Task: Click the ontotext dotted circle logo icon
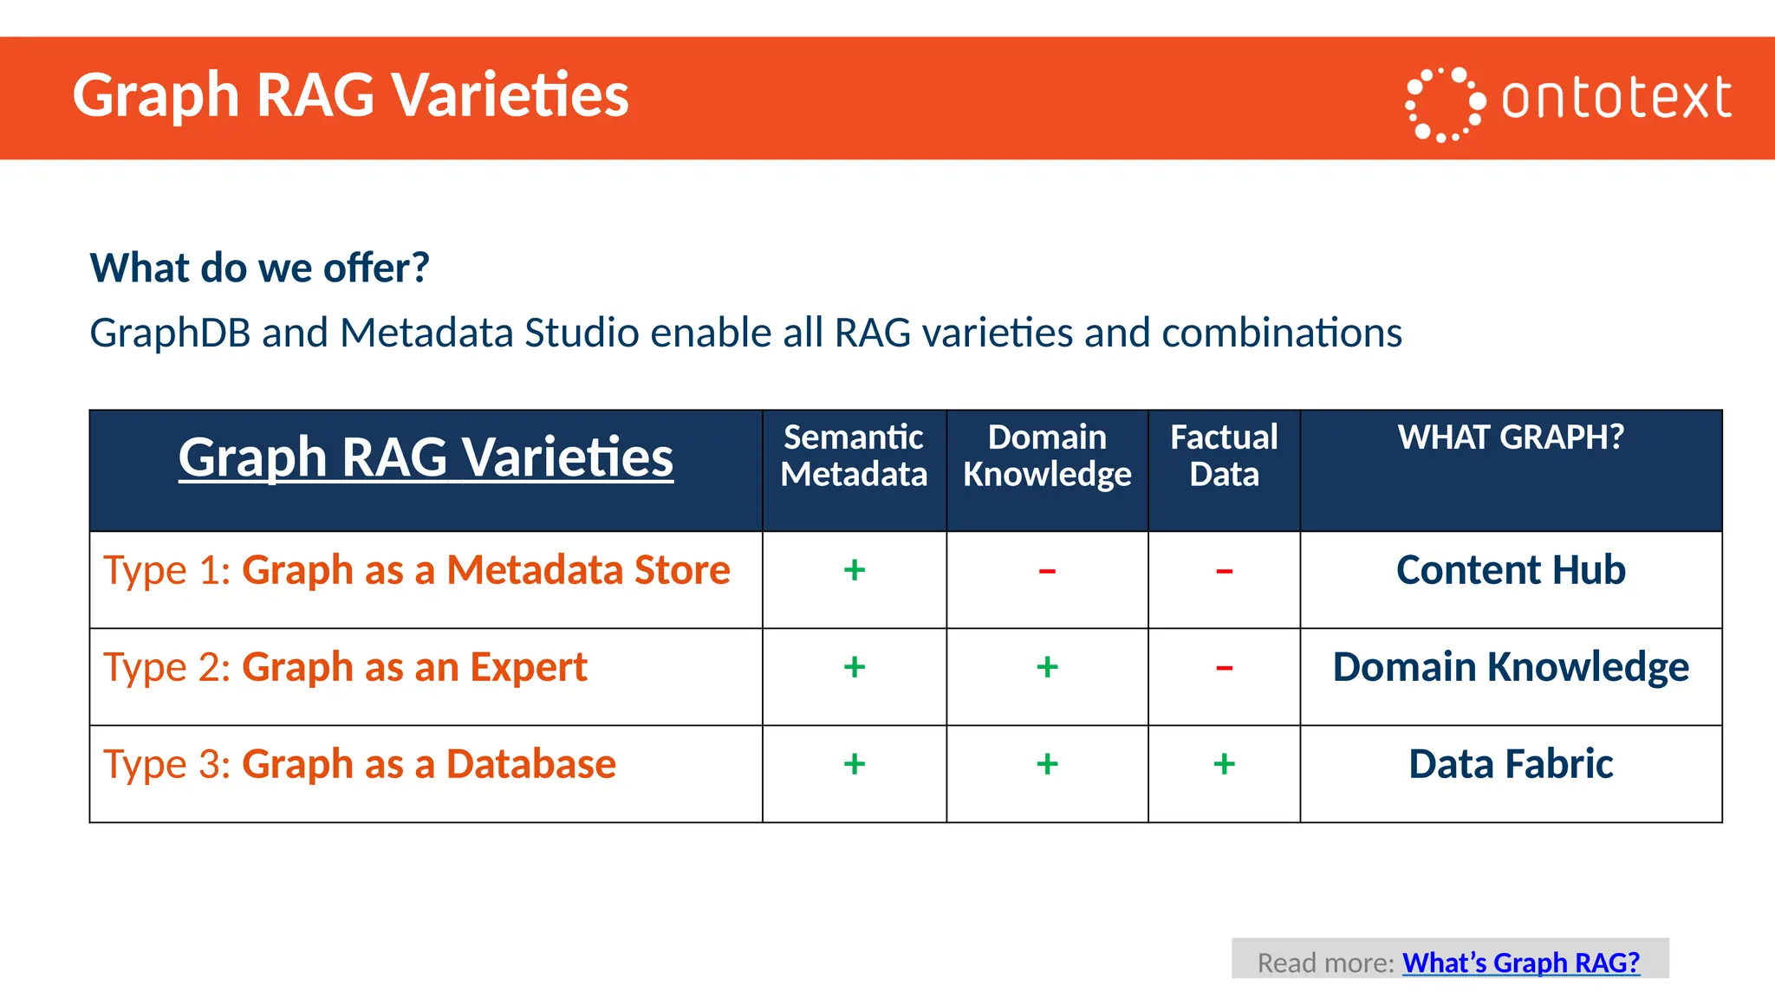click(x=1444, y=104)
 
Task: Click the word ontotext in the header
click(x=1616, y=98)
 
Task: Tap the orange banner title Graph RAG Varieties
click(x=350, y=95)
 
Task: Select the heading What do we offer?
click(x=259, y=268)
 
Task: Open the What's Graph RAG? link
click(x=1520, y=962)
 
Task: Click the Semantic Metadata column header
click(x=854, y=456)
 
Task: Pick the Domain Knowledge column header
click(x=1047, y=456)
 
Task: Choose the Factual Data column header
click(x=1224, y=456)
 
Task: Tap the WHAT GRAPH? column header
click(x=1511, y=437)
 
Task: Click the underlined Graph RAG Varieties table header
click(x=426, y=457)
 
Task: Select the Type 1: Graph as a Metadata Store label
click(x=417, y=570)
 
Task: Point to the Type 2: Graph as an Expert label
click(x=345, y=667)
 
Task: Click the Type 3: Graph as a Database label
click(x=360, y=764)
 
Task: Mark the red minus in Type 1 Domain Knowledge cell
click(x=1047, y=571)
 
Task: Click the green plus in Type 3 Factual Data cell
click(x=1224, y=764)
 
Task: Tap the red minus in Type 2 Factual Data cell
click(x=1224, y=668)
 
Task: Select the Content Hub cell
click(x=1511, y=570)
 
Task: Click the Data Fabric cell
click(x=1511, y=764)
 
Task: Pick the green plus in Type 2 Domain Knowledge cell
click(x=1047, y=667)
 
